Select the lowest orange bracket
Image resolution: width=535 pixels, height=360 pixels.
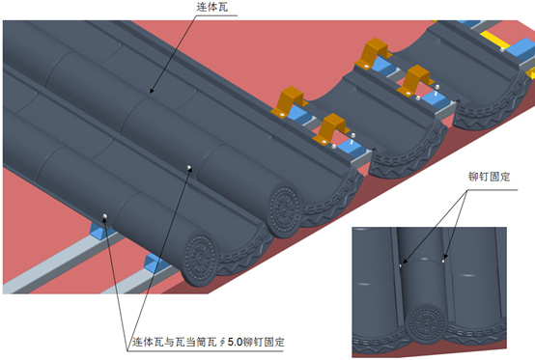333,126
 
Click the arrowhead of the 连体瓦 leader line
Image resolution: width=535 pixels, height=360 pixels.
151,94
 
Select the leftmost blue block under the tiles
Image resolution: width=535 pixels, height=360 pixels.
99,230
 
